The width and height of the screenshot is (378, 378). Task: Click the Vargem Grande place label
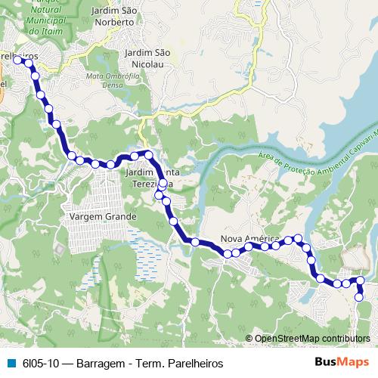point(102,216)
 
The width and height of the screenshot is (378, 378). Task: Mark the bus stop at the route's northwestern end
point(17,58)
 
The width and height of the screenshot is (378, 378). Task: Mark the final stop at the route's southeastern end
point(360,297)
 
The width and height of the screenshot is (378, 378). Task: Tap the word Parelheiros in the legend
point(185,361)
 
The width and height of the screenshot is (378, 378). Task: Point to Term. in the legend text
point(146,361)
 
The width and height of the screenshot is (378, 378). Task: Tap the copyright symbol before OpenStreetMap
point(249,339)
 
